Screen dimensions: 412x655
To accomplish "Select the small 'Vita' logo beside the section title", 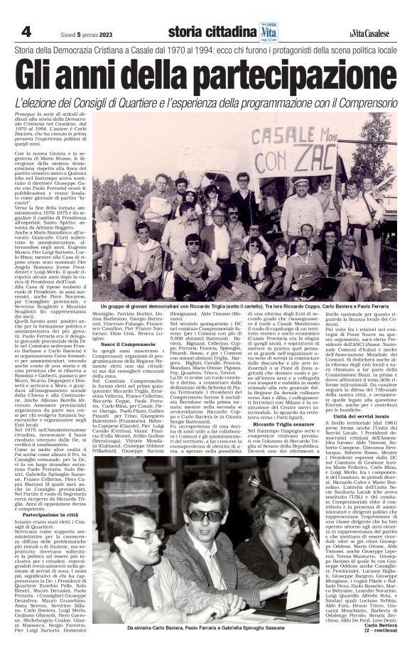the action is click(x=269, y=31).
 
